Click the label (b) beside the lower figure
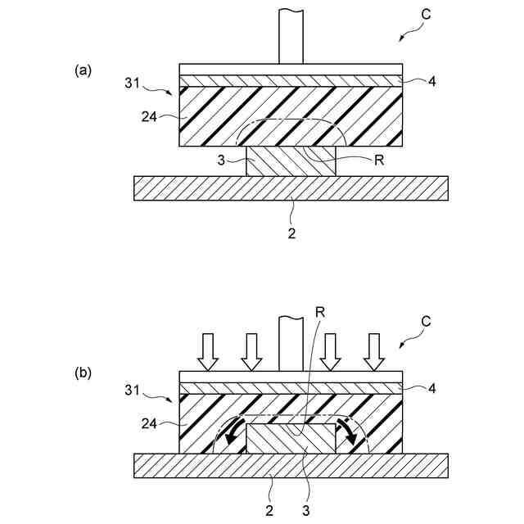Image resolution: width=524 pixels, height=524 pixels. click(82, 373)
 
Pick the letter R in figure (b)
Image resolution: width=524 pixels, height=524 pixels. click(320, 311)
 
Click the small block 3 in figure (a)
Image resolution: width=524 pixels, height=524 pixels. click(291, 161)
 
